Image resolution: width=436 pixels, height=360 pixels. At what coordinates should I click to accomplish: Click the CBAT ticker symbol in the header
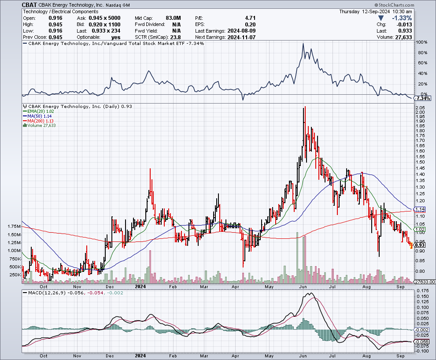(x=29, y=5)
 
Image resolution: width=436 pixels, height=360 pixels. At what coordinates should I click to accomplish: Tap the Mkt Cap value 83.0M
(x=173, y=18)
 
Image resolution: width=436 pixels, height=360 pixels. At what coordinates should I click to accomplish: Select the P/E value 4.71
(x=250, y=18)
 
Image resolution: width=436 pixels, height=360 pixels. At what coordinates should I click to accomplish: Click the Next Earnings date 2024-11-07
(x=241, y=37)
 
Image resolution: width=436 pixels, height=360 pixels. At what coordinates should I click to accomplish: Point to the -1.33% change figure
(x=402, y=18)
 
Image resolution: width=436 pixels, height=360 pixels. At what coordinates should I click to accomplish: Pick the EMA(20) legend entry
(x=38, y=111)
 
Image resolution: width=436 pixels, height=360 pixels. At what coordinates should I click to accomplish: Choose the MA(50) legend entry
(x=37, y=116)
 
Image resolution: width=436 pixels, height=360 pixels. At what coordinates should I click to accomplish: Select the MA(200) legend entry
(x=38, y=121)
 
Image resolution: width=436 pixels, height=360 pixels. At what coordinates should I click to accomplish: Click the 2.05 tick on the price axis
(x=420, y=108)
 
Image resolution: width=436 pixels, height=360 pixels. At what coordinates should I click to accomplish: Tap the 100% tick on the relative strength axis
(x=422, y=42)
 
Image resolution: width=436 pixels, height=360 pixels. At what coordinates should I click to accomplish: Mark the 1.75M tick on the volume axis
(x=14, y=226)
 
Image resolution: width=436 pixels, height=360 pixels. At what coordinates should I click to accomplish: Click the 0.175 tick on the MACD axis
(x=423, y=291)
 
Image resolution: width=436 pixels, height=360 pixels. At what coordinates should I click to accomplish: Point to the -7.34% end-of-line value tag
(x=423, y=99)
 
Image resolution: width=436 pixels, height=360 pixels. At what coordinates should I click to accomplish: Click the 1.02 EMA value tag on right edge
(x=420, y=230)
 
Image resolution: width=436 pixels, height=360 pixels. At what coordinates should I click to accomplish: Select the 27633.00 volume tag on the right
(x=424, y=282)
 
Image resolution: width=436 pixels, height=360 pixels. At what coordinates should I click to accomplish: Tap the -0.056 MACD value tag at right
(x=421, y=341)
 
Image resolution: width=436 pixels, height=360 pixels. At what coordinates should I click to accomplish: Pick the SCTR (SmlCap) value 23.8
(x=175, y=37)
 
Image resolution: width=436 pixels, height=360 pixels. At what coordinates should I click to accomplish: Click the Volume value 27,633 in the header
(x=403, y=37)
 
